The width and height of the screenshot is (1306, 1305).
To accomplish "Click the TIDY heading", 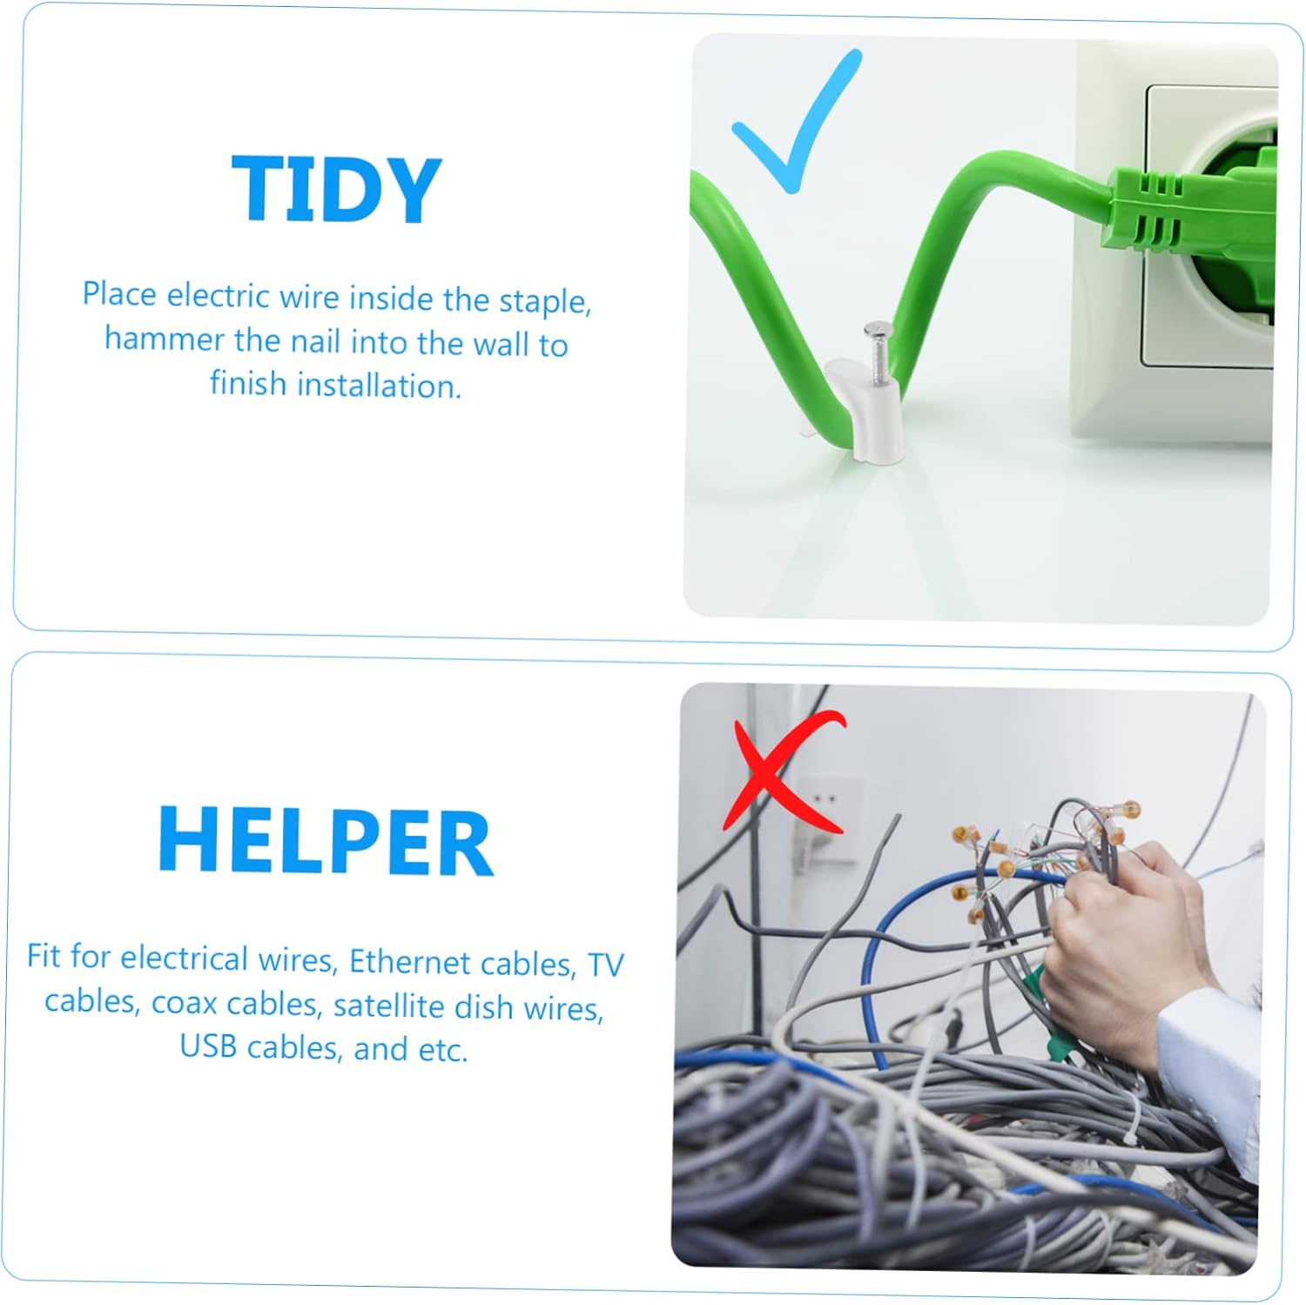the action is coord(337,189).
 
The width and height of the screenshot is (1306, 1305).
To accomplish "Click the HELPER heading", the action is coord(326,840).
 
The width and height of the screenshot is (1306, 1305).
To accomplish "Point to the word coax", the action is coord(184,1003).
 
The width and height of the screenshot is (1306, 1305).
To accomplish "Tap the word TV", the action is coord(606,965).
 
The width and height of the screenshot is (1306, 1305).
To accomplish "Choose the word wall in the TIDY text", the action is coord(502,343).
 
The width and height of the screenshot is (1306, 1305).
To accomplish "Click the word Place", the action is coord(120,294).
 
